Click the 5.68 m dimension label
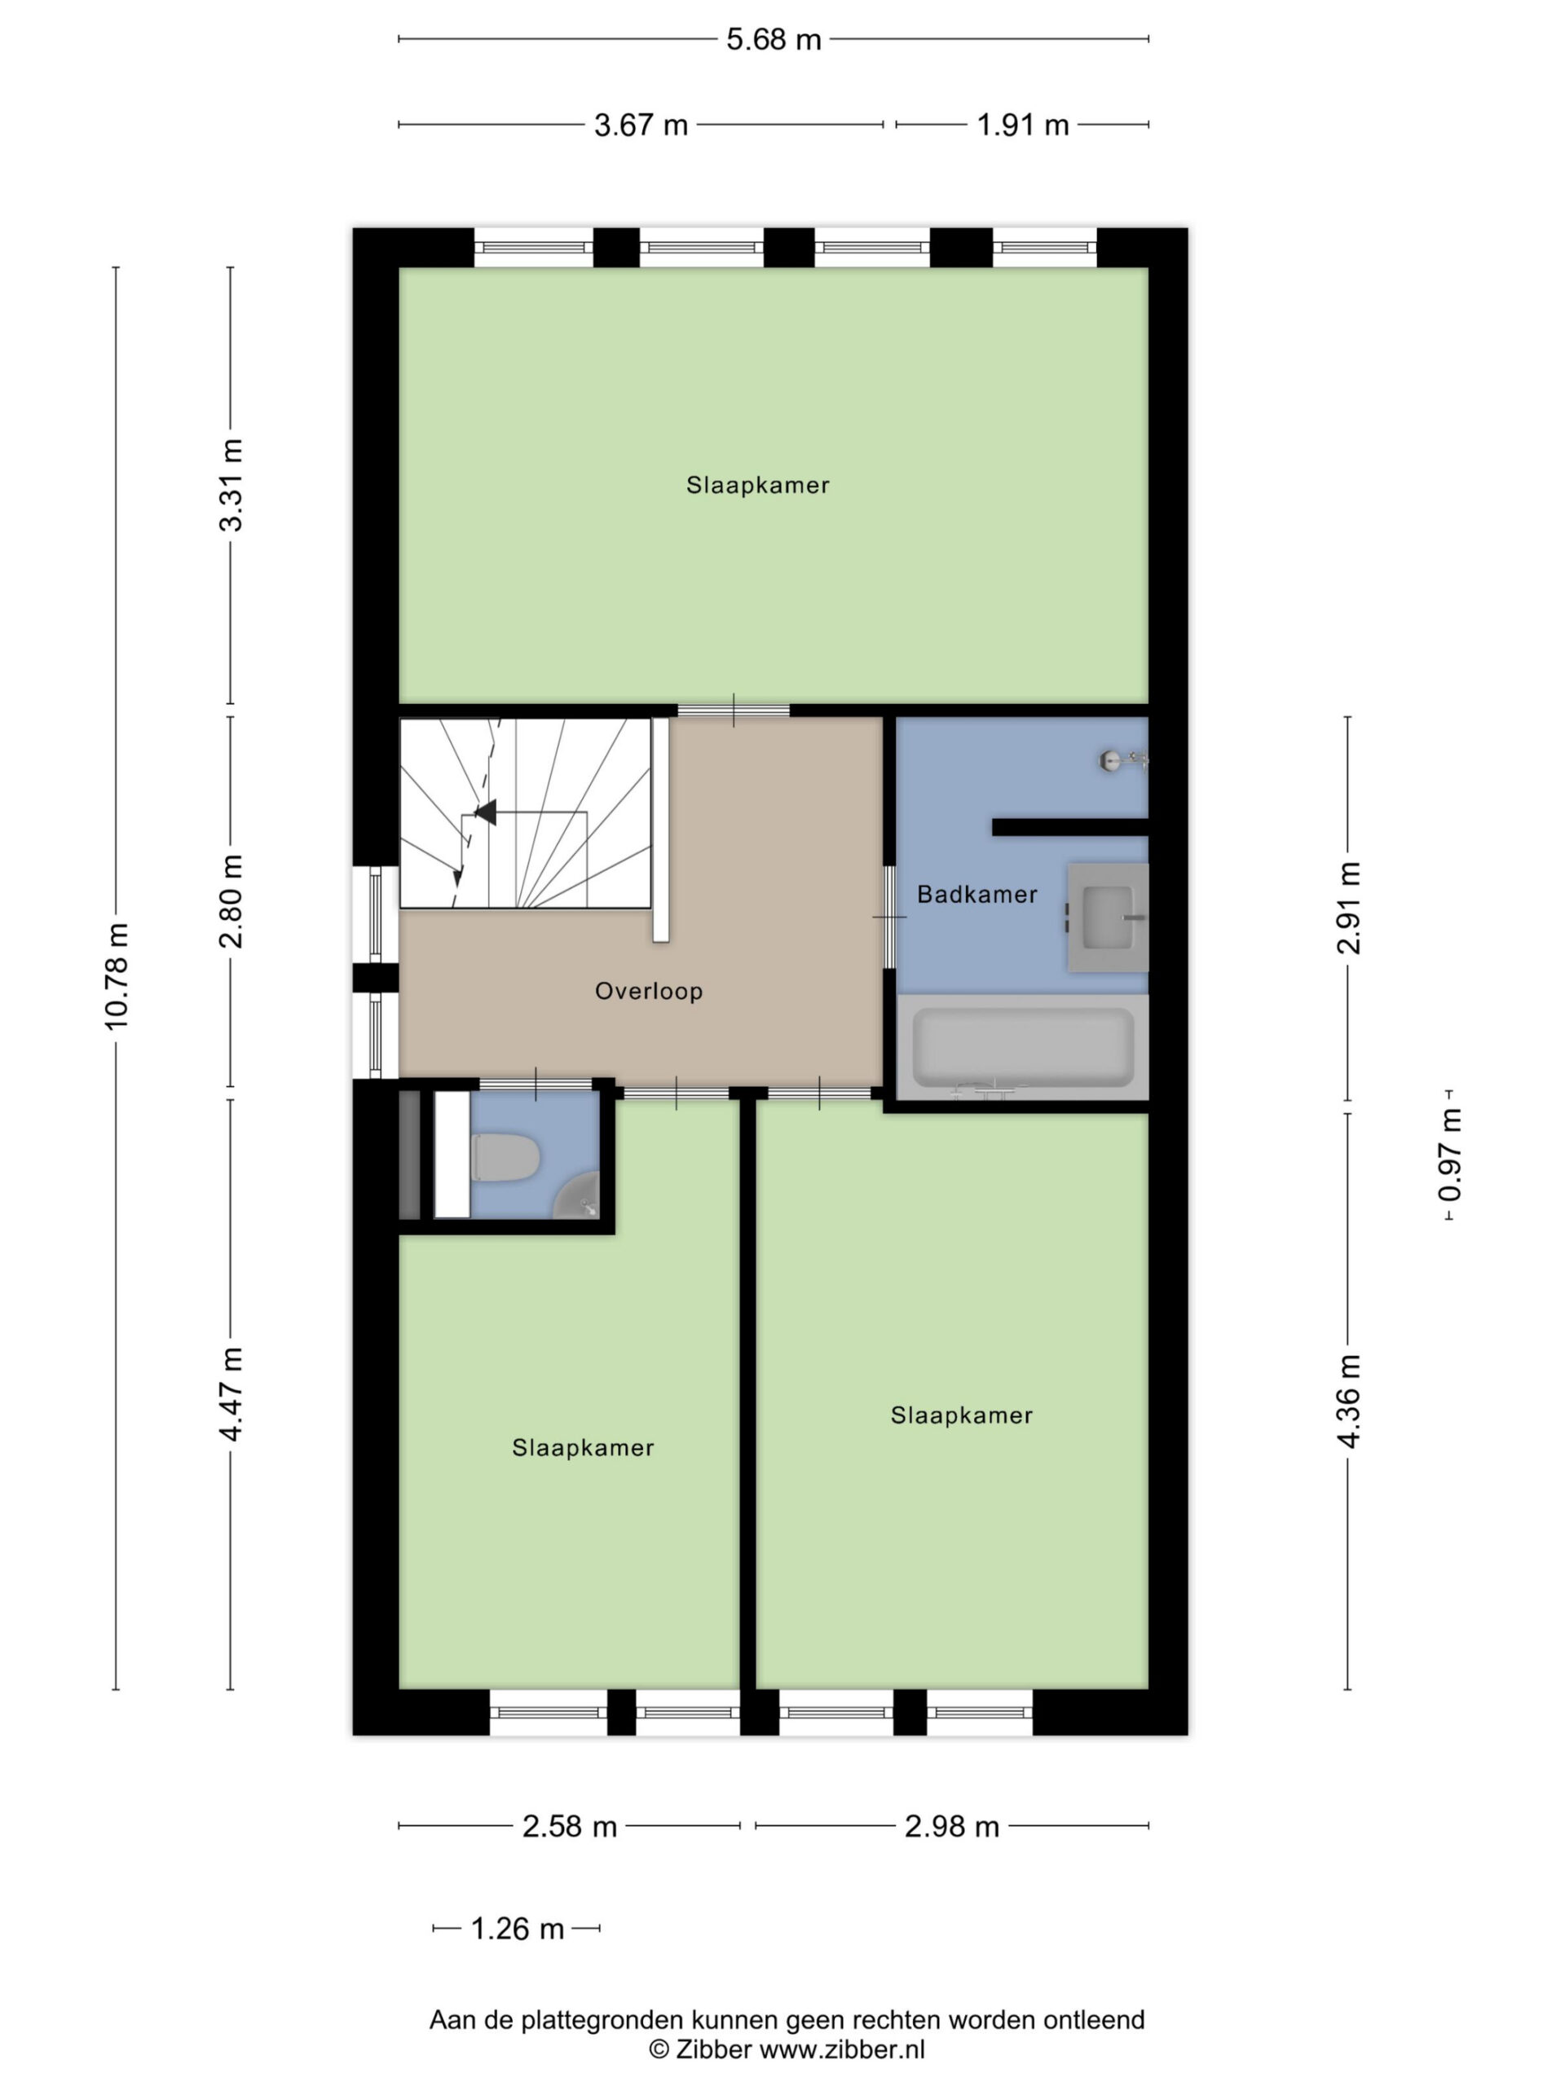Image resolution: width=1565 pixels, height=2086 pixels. point(774,40)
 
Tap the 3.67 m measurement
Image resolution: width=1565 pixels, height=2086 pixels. point(641,125)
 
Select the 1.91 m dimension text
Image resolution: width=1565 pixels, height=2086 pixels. point(1023,125)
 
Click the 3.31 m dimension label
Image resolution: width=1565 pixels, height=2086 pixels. point(231,485)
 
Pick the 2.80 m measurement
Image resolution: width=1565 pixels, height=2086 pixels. point(231,900)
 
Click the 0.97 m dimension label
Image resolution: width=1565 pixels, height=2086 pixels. point(1450,1155)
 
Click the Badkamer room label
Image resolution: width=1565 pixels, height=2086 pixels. point(977,894)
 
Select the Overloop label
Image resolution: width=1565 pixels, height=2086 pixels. point(649,991)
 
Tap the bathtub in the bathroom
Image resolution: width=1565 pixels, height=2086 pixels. point(1023,1049)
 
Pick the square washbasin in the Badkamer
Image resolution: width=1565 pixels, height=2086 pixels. point(1109,917)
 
